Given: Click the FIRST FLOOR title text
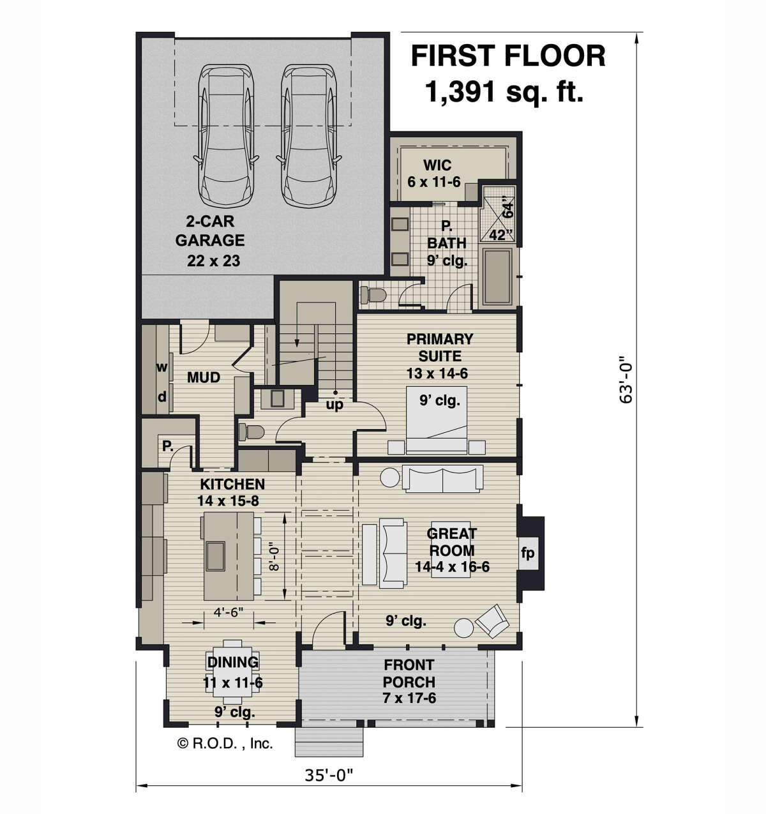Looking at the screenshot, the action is [x=508, y=56].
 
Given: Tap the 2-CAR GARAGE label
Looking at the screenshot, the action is [x=210, y=230].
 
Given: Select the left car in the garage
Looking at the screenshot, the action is [x=226, y=135].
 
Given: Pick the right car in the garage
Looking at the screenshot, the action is [x=308, y=135].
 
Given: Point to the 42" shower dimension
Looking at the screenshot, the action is [x=501, y=236].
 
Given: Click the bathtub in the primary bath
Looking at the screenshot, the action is [x=497, y=276].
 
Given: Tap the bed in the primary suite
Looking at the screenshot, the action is [x=437, y=420].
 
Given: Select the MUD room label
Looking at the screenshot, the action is [x=204, y=377].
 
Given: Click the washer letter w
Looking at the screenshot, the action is [x=162, y=367].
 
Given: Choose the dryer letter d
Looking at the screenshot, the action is [x=162, y=396].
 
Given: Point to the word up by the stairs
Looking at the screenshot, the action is [x=334, y=405].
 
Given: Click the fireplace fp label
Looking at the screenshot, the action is [x=528, y=554].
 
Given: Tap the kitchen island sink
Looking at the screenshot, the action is [x=216, y=556].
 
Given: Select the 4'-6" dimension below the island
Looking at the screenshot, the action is [x=229, y=612].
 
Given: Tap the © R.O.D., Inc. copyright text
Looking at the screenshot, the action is [x=225, y=743].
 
